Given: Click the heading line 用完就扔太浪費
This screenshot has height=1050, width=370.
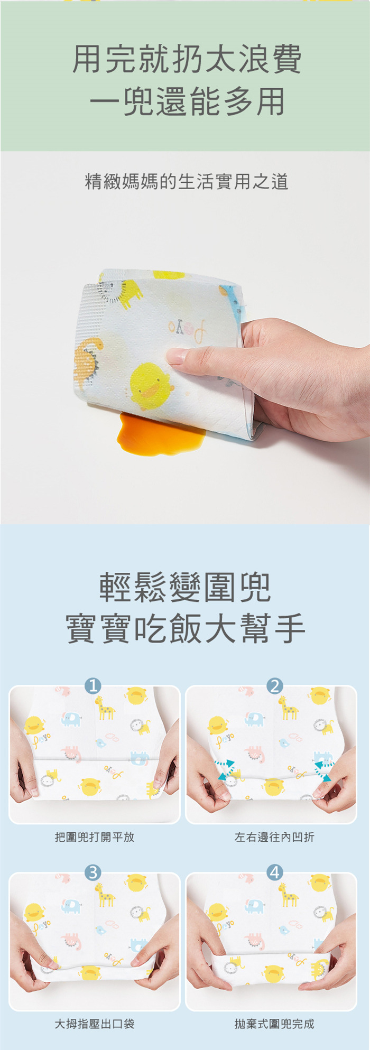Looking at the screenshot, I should (x=187, y=59).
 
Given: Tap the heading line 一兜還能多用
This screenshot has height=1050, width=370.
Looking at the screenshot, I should (x=187, y=102).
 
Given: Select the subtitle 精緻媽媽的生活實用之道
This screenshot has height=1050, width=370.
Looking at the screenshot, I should (x=187, y=182).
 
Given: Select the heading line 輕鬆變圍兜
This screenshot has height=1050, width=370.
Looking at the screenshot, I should (x=185, y=587).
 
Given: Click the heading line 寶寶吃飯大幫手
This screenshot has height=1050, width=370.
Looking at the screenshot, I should (x=185, y=628).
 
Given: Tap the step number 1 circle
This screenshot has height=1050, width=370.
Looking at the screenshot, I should (x=93, y=686).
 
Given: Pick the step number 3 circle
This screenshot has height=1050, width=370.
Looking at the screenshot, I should (x=93, y=872).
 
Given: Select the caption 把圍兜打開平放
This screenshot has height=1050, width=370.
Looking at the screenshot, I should (x=95, y=837).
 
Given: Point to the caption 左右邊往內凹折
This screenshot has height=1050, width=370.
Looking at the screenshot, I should (x=274, y=837).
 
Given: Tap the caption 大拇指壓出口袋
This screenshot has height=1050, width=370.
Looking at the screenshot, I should (x=95, y=1024).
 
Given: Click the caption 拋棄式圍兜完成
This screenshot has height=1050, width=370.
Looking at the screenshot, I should (x=274, y=1024).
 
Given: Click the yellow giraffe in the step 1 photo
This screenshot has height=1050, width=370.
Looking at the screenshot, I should (x=105, y=708).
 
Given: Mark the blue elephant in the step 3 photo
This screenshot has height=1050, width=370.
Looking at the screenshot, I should (x=71, y=906).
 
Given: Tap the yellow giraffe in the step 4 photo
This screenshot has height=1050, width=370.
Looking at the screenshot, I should (x=289, y=895).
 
